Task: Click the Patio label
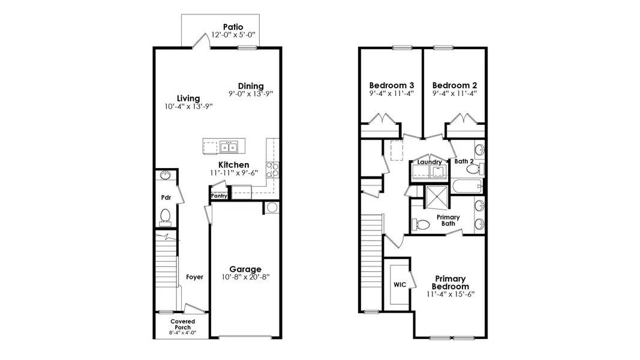233,26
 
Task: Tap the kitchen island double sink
229,146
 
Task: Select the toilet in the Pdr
166,215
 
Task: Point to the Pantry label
219,196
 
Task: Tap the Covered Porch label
182,325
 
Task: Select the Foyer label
194,277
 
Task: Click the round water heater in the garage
271,208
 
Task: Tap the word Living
188,98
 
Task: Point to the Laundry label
429,162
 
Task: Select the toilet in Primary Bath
422,224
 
